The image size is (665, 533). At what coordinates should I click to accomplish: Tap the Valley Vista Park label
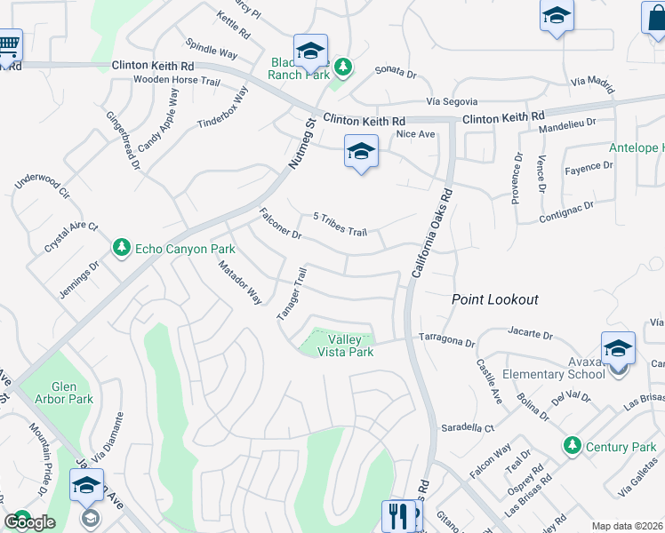[350, 346]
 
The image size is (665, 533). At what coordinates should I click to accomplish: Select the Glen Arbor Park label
[72, 393]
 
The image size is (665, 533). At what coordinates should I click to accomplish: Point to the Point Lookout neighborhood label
[494, 300]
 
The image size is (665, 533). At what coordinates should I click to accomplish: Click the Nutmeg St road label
[301, 145]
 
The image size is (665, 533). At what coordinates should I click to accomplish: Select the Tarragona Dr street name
[447, 340]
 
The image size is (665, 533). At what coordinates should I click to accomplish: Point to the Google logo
[28, 522]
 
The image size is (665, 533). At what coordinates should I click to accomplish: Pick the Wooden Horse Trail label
[176, 80]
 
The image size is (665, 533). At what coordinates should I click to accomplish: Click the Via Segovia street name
[452, 102]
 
